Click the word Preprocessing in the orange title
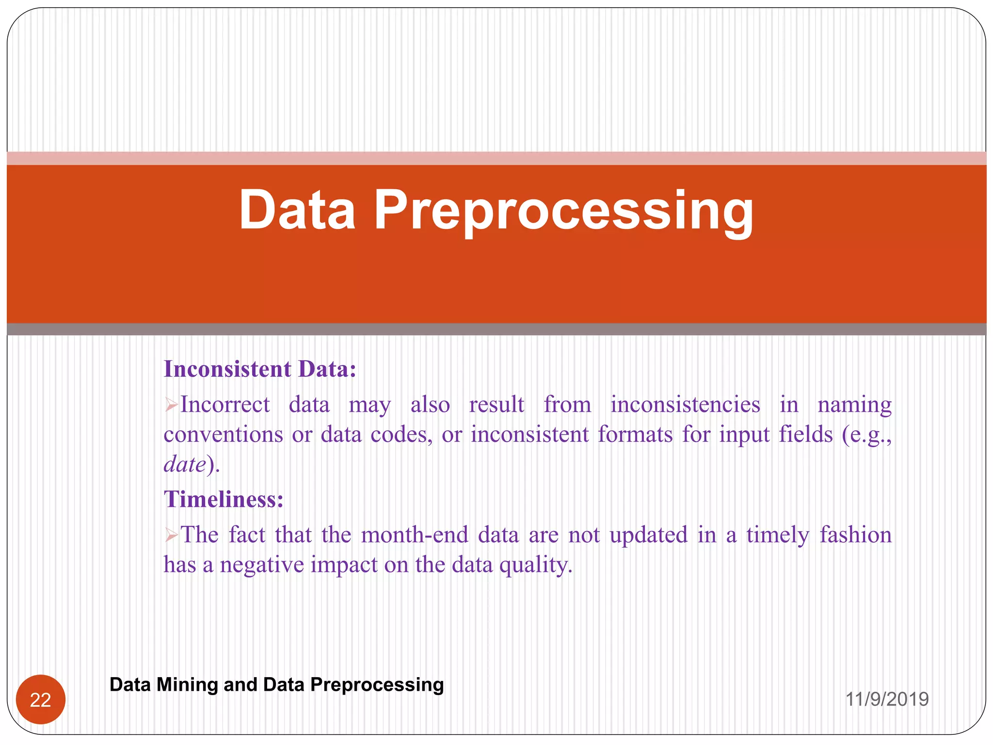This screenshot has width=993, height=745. [563, 211]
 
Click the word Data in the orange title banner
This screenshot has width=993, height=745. [297, 210]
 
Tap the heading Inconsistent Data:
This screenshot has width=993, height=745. [260, 369]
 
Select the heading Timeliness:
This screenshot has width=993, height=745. [224, 499]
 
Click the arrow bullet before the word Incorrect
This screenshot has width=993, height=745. [171, 405]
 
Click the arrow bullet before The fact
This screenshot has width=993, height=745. [171, 535]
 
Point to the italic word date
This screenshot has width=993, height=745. [185, 464]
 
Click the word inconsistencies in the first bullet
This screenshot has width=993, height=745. [685, 405]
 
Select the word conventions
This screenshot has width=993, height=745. [223, 435]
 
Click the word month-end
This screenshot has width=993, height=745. [415, 535]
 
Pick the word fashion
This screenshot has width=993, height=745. [855, 535]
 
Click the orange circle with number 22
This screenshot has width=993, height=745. [41, 699]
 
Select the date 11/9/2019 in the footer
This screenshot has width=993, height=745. [887, 699]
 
